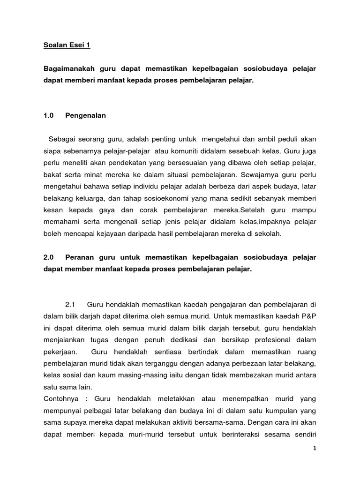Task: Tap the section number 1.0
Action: coord(48,116)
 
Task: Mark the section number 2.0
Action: coord(48,258)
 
